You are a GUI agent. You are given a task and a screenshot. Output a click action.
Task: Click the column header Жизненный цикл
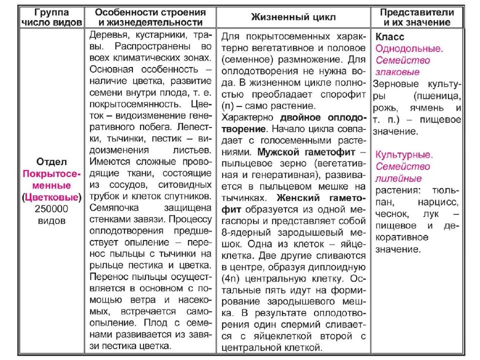coord(293,17)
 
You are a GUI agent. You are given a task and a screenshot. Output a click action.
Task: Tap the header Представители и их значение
coord(417,17)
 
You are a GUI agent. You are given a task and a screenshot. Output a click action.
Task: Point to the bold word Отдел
coord(51,162)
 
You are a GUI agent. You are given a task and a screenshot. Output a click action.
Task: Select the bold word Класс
coord(390,37)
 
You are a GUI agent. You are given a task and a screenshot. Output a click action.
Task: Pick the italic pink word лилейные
coord(398,178)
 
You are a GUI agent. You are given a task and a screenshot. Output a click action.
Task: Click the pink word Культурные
coord(404,155)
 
